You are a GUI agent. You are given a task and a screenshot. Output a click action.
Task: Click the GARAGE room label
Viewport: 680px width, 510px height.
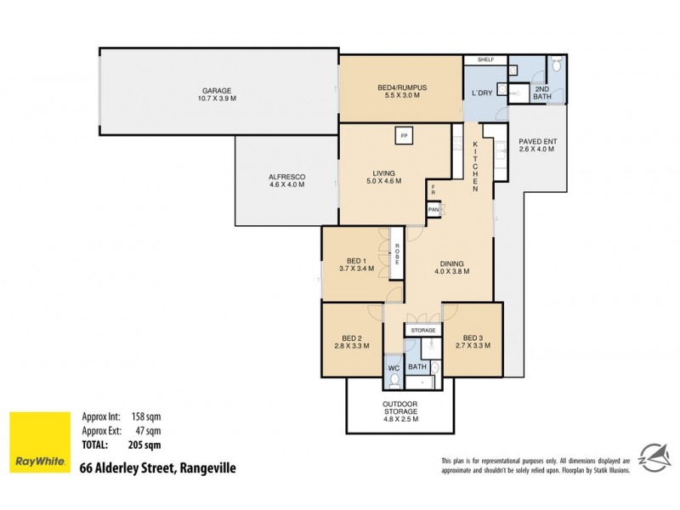[x=217, y=91]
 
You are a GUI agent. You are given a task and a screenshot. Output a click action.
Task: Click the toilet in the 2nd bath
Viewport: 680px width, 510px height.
[x=555, y=64]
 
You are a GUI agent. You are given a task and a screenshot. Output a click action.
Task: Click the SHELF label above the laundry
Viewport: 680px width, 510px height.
[x=485, y=60]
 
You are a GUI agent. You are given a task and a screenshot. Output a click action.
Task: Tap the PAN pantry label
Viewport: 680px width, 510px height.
[x=433, y=209]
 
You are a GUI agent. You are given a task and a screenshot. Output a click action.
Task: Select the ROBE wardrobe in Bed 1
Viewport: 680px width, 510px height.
[x=395, y=252]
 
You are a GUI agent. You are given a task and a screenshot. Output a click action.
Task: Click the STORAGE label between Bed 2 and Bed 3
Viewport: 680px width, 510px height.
[x=422, y=330]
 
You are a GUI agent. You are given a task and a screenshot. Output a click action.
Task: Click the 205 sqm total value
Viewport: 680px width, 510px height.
[x=145, y=445]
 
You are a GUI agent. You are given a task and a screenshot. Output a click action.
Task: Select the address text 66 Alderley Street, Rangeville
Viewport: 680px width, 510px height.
[x=157, y=467]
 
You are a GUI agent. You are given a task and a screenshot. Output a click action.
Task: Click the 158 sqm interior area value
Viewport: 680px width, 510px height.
[x=145, y=416]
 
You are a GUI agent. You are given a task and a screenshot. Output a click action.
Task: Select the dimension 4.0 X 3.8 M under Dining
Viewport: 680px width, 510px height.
[x=450, y=272]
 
